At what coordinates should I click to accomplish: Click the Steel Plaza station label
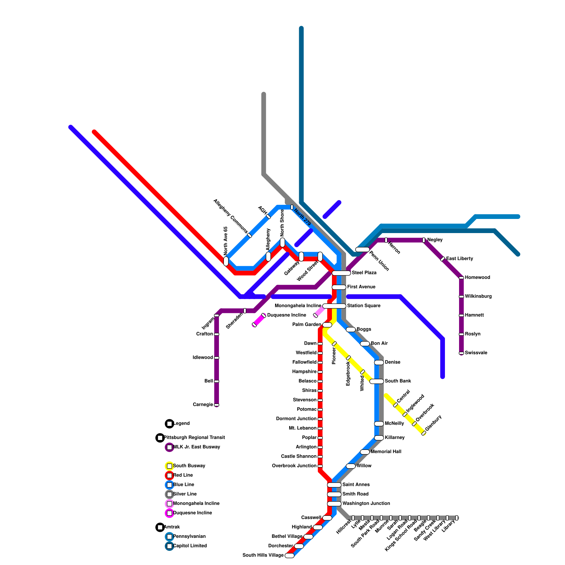click(364, 273)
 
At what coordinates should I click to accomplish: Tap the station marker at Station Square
click(334, 306)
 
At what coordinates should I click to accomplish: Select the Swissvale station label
click(476, 353)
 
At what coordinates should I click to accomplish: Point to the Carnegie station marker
click(216, 405)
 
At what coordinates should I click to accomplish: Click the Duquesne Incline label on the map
click(286, 315)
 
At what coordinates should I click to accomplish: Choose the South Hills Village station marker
click(289, 555)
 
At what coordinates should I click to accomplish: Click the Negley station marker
click(424, 240)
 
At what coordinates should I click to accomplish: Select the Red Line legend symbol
click(169, 476)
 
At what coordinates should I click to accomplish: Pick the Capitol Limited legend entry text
click(190, 546)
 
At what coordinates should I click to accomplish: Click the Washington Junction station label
click(366, 504)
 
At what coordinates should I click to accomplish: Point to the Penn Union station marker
click(362, 250)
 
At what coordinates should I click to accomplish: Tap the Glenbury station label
click(433, 423)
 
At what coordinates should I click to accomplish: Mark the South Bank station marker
click(376, 381)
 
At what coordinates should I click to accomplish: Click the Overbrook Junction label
click(294, 466)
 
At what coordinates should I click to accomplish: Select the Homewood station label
click(477, 278)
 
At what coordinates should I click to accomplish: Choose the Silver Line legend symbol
click(169, 494)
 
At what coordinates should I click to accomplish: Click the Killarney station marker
click(379, 438)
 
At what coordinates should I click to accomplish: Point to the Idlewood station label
click(203, 358)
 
